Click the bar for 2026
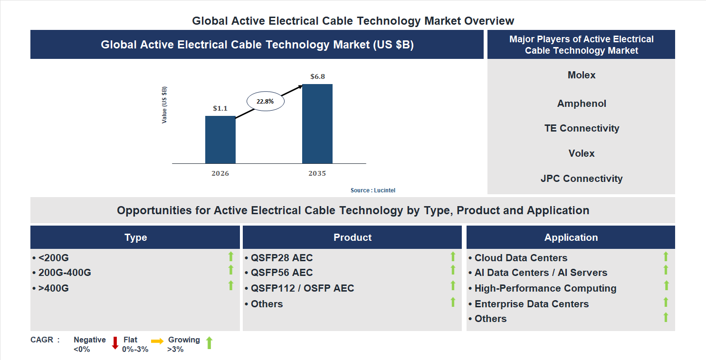pyautogui.click(x=220, y=140)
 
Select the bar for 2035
pyautogui.click(x=317, y=124)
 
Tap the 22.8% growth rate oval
pyautogui.click(x=265, y=101)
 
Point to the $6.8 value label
pyautogui.click(x=317, y=76)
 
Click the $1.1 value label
pyautogui.click(x=220, y=108)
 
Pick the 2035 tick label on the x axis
pyautogui.click(x=317, y=173)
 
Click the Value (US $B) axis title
pyautogui.click(x=164, y=105)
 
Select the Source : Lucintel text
pyautogui.click(x=372, y=190)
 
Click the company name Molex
pyautogui.click(x=581, y=75)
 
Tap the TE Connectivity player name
pyautogui.click(x=581, y=128)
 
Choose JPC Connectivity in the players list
pyautogui.click(x=581, y=179)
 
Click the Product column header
pyautogui.click(x=352, y=237)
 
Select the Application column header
pyautogui.click(x=571, y=237)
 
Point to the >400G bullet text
pyautogui.click(x=53, y=288)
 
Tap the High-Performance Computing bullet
pyautogui.click(x=545, y=288)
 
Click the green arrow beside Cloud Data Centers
pyautogui.click(x=666, y=256)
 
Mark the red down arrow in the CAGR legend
pyautogui.click(x=115, y=343)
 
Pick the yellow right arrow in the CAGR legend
pyautogui.click(x=157, y=341)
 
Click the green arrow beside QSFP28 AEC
pyautogui.click(x=453, y=256)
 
